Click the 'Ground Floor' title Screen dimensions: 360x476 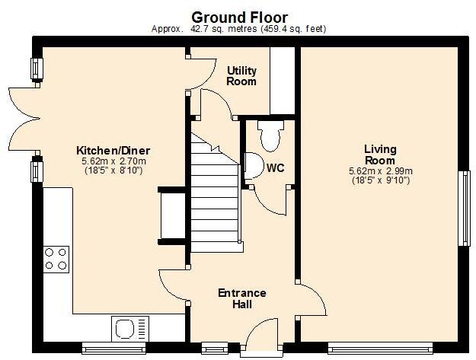tap(238, 17)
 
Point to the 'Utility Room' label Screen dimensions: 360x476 tap(241, 75)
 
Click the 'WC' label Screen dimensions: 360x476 tap(275, 167)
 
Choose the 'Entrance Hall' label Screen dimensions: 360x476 tap(241, 298)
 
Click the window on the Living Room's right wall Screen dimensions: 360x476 tap(463, 209)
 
